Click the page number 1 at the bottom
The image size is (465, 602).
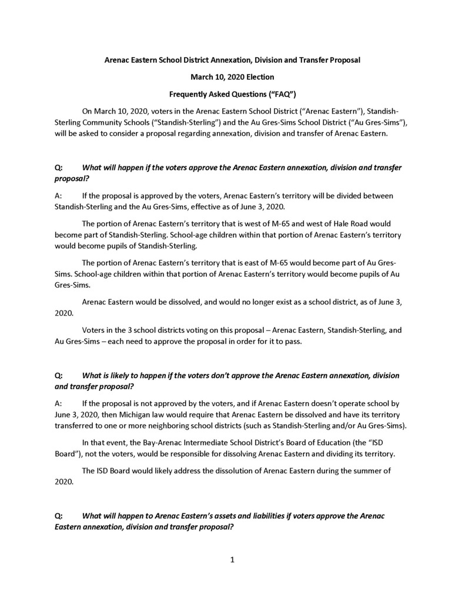(x=232, y=560)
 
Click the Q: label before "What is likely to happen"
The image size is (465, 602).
(x=59, y=375)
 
